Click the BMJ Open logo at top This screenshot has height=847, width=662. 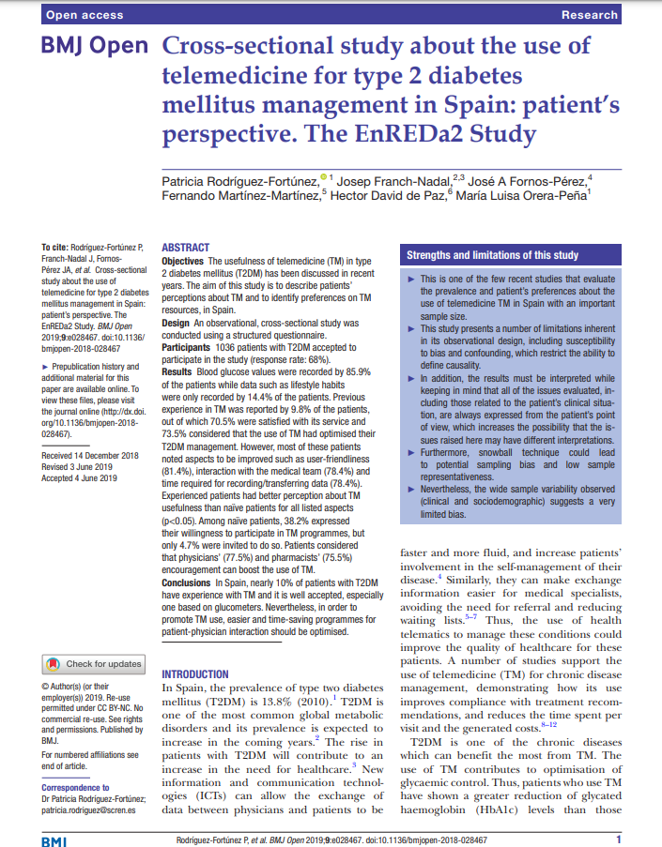(x=94, y=47)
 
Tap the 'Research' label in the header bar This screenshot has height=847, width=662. (x=589, y=14)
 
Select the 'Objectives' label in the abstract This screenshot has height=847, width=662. (x=183, y=260)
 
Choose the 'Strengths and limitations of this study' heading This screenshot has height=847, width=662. (x=492, y=255)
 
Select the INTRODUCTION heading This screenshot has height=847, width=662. (x=195, y=673)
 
